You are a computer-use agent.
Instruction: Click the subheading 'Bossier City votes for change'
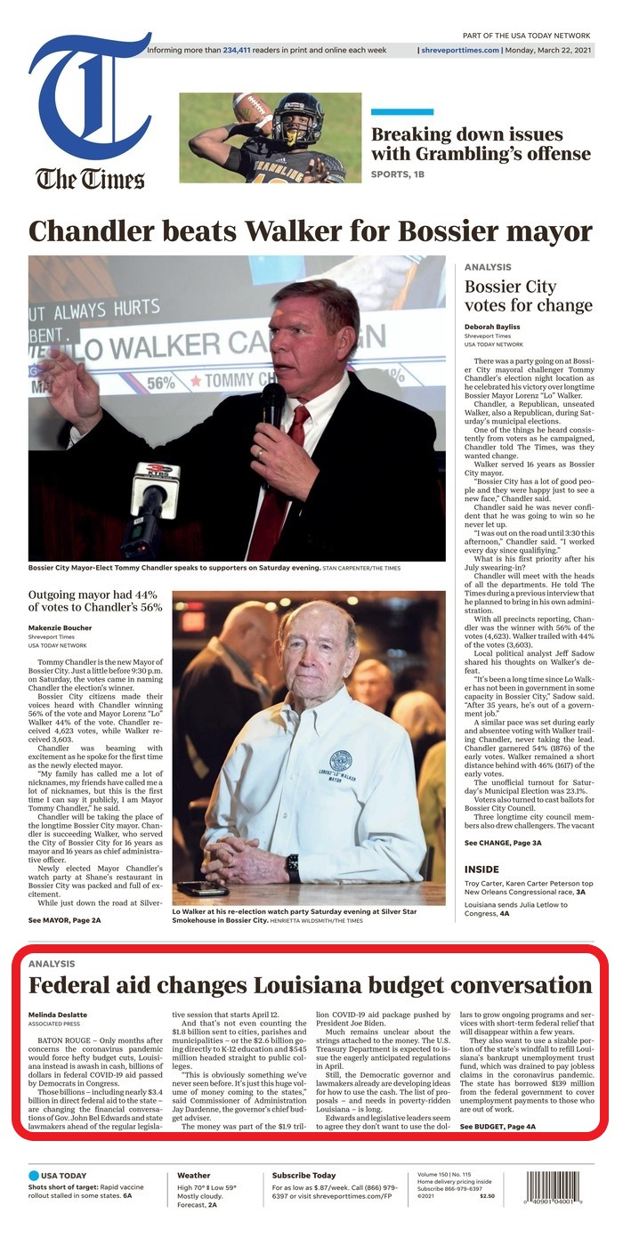click(528, 296)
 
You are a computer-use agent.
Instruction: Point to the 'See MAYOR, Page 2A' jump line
click(64, 919)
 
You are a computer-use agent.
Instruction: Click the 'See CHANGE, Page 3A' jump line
click(503, 842)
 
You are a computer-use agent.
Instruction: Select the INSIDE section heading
click(481, 869)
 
